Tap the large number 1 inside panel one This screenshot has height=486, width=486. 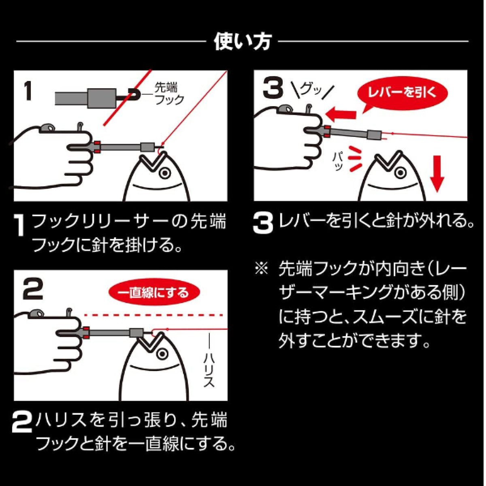28,90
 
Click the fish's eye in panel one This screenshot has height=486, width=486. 164,173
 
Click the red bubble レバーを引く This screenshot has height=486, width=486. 403,92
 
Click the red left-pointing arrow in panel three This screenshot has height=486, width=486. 340,115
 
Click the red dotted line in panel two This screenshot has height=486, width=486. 154,315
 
